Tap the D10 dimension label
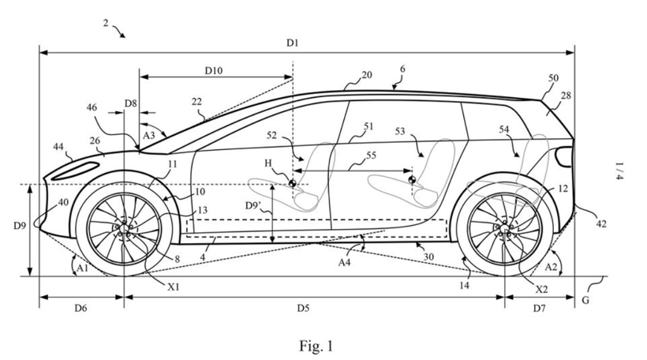(x=213, y=70)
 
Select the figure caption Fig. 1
(x=316, y=345)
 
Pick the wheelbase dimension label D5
(x=302, y=307)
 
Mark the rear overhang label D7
(x=538, y=307)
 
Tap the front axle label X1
(x=173, y=287)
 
